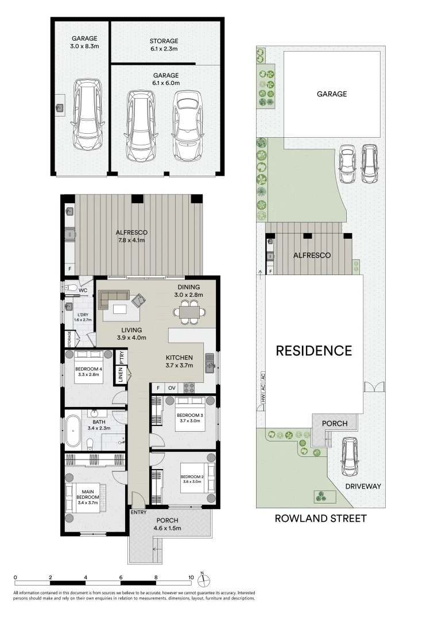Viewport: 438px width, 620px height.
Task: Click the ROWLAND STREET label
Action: tap(320, 518)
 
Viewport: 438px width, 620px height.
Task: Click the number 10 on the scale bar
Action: tap(191, 577)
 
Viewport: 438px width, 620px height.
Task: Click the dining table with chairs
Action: tap(189, 312)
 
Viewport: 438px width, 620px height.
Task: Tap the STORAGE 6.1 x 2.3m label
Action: tap(164, 45)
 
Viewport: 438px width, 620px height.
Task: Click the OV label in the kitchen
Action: tap(172, 388)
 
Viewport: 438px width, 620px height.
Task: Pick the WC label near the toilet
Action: tap(83, 290)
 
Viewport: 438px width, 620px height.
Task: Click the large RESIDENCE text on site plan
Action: tap(313, 350)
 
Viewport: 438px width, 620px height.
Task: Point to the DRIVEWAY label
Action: tap(363, 486)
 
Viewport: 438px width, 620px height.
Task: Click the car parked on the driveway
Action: tap(350, 456)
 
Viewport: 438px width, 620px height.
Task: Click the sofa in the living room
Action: tap(113, 299)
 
